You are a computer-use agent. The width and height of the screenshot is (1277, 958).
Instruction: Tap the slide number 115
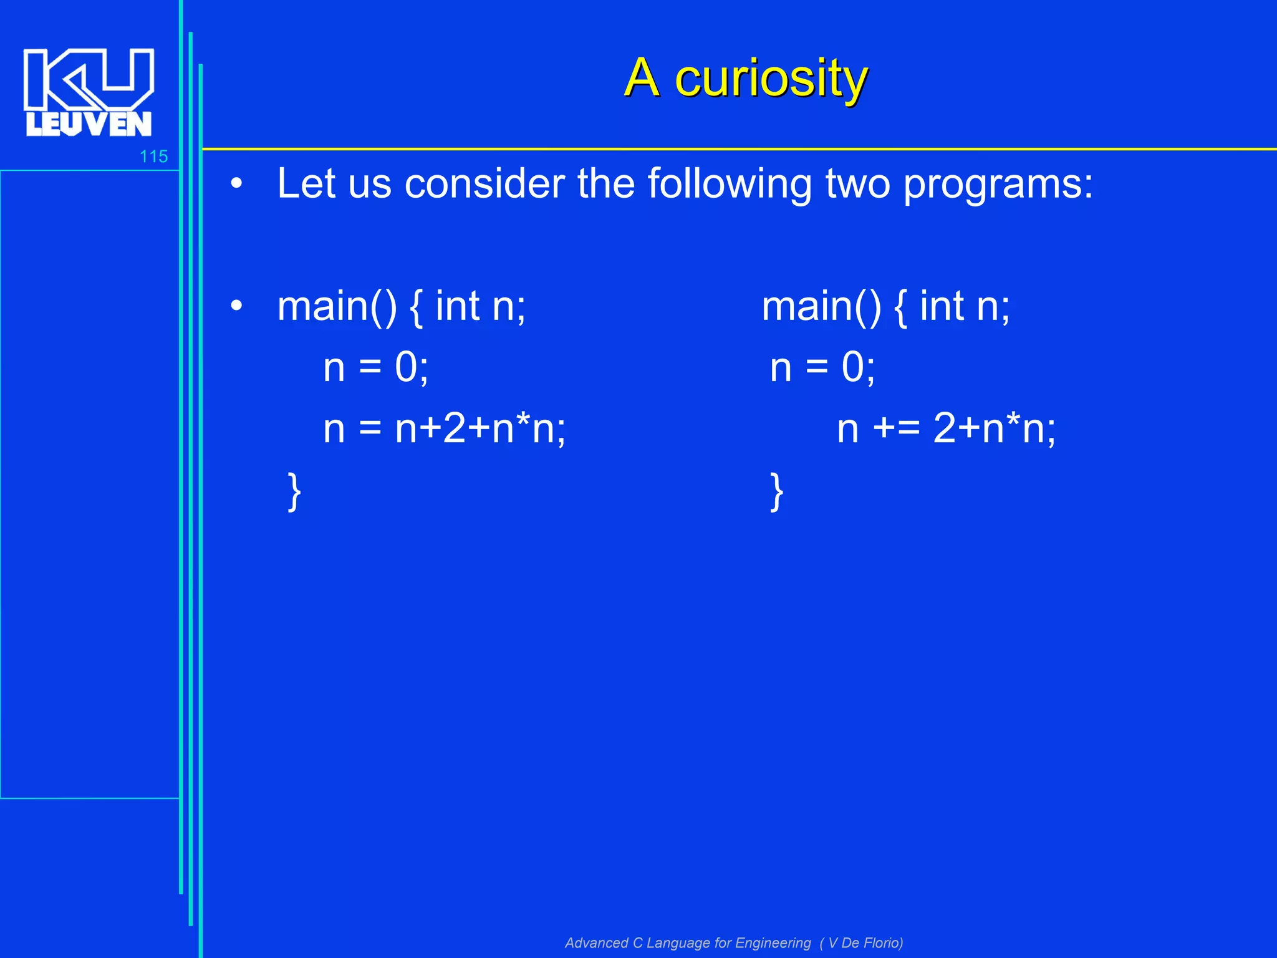point(153,157)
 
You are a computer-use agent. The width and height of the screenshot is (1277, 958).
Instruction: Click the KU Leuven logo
point(89,92)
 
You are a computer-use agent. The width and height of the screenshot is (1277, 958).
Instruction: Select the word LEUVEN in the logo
point(89,124)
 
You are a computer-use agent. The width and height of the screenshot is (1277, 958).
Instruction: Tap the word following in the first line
point(730,185)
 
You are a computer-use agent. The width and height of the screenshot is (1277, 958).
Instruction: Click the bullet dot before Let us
point(236,184)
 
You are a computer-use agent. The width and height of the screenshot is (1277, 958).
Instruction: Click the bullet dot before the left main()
point(236,306)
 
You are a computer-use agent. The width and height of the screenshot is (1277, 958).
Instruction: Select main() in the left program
point(337,306)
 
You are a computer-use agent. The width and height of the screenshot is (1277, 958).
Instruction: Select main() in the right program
point(821,306)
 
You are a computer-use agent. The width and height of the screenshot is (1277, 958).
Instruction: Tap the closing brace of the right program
point(776,492)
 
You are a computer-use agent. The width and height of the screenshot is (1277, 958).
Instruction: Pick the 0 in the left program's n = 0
point(406,367)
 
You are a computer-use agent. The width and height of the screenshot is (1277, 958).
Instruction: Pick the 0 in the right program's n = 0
point(853,367)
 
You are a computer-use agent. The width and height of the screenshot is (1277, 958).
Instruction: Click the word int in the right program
point(942,306)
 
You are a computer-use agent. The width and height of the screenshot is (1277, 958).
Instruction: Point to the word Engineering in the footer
point(773,943)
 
